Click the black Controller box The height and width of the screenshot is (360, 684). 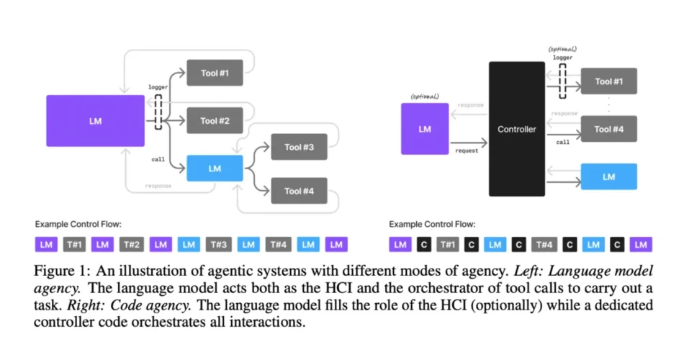point(516,129)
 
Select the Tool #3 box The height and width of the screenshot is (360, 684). point(299,147)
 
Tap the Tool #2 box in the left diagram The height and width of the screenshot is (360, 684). point(215,120)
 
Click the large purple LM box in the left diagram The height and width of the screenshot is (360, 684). point(95,121)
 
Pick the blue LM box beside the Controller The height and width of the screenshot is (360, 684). point(608,176)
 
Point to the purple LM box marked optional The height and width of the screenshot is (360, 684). point(425,129)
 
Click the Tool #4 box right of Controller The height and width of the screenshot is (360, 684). point(608,129)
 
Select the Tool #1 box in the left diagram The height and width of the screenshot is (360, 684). point(215,73)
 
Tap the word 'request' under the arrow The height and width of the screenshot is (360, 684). point(467,151)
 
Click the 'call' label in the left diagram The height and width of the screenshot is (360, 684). point(158,159)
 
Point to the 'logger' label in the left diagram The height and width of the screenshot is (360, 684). point(158,87)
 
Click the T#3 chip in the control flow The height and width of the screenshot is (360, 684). point(219,244)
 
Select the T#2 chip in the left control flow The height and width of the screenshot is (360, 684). point(131,244)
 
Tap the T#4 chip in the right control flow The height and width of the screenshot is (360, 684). point(544,244)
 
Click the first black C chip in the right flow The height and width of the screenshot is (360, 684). point(424,244)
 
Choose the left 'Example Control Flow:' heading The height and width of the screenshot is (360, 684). point(78,225)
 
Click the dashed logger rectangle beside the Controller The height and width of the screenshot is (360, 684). point(563,81)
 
